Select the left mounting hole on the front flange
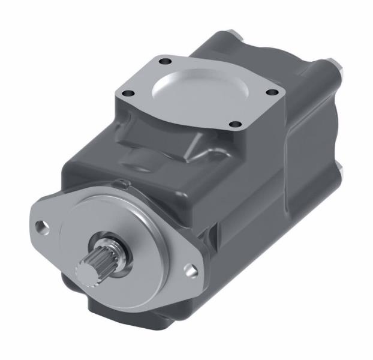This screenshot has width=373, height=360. [x=43, y=227]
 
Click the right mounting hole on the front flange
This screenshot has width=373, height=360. [x=191, y=269]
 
